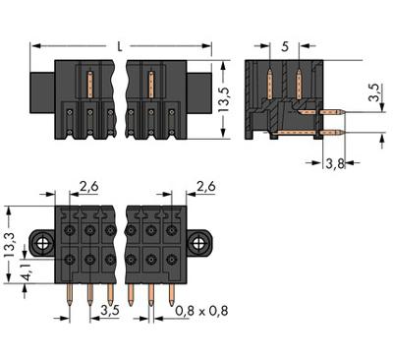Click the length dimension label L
click(120, 47)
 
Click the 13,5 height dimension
click(224, 99)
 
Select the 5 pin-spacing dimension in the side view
click(285, 47)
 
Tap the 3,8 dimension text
click(335, 163)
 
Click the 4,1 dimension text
click(28, 271)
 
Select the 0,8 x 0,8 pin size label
click(201, 311)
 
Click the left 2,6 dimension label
click(89, 187)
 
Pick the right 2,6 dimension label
click(206, 187)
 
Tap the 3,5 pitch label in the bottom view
click(110, 310)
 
